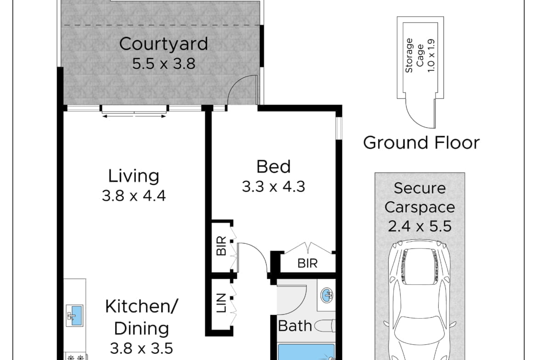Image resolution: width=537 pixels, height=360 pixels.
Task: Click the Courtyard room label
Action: click(x=163, y=44)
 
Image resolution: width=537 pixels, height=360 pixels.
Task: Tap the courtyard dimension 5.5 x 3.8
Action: click(x=164, y=64)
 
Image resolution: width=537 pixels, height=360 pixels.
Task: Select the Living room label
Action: click(x=134, y=177)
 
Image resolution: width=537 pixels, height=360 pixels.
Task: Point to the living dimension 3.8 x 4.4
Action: click(x=134, y=196)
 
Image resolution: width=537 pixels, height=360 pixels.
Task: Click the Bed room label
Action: click(x=273, y=166)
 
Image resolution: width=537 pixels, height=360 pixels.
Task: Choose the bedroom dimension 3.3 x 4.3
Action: click(x=273, y=187)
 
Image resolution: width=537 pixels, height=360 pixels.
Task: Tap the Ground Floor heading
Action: click(x=421, y=143)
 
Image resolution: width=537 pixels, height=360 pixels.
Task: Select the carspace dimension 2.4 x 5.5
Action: click(x=420, y=227)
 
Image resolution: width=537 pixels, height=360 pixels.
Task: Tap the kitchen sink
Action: click(x=74, y=316)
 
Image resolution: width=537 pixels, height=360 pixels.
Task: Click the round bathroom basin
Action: click(x=328, y=294)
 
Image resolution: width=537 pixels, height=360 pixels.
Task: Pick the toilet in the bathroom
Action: click(x=324, y=326)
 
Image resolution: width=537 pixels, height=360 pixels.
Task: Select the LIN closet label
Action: click(x=222, y=303)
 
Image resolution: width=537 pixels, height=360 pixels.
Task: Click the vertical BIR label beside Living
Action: click(x=222, y=246)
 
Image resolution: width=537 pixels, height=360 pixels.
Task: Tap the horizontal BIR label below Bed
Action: click(x=308, y=263)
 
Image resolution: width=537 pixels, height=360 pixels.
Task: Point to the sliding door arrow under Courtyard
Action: click(x=134, y=116)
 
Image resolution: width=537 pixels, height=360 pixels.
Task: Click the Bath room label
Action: click(x=295, y=326)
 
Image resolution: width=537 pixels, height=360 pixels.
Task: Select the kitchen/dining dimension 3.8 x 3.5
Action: click(x=141, y=349)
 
